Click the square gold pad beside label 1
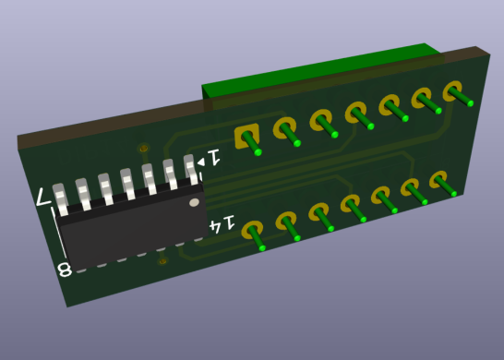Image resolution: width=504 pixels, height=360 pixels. coord(246,137)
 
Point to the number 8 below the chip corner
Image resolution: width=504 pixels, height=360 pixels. coord(65,270)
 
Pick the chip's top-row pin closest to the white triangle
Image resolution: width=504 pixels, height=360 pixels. coord(191,169)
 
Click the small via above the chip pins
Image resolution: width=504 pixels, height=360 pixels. coord(141,149)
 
